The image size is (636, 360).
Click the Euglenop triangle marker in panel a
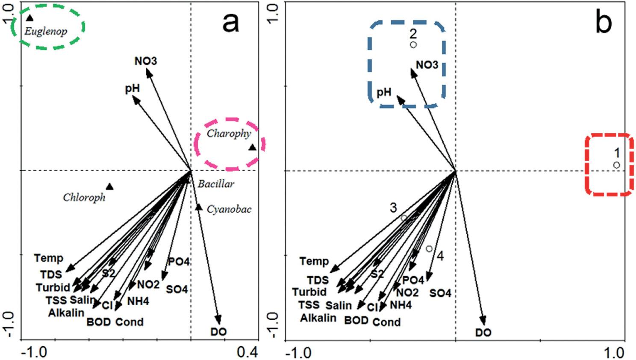click(29, 18)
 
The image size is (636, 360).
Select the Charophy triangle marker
click(253, 148)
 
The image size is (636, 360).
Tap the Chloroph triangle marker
click(110, 187)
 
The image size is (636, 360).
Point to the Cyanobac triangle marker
click(199, 207)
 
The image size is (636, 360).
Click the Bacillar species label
click(216, 184)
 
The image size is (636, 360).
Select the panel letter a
click(231, 23)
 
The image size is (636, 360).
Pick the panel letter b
click(604, 23)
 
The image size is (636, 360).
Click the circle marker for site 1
click(616, 165)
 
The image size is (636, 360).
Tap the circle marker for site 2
click(413, 45)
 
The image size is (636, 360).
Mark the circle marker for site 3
click(404, 218)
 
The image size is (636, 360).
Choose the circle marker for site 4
click(429, 249)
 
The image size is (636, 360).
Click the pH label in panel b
click(384, 92)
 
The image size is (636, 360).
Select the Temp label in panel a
click(49, 258)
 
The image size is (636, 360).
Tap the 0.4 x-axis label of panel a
click(247, 352)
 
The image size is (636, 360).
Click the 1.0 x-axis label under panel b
click(614, 353)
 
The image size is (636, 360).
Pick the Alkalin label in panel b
click(318, 318)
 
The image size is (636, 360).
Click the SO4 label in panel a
click(177, 289)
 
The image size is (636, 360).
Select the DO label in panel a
click(218, 332)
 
